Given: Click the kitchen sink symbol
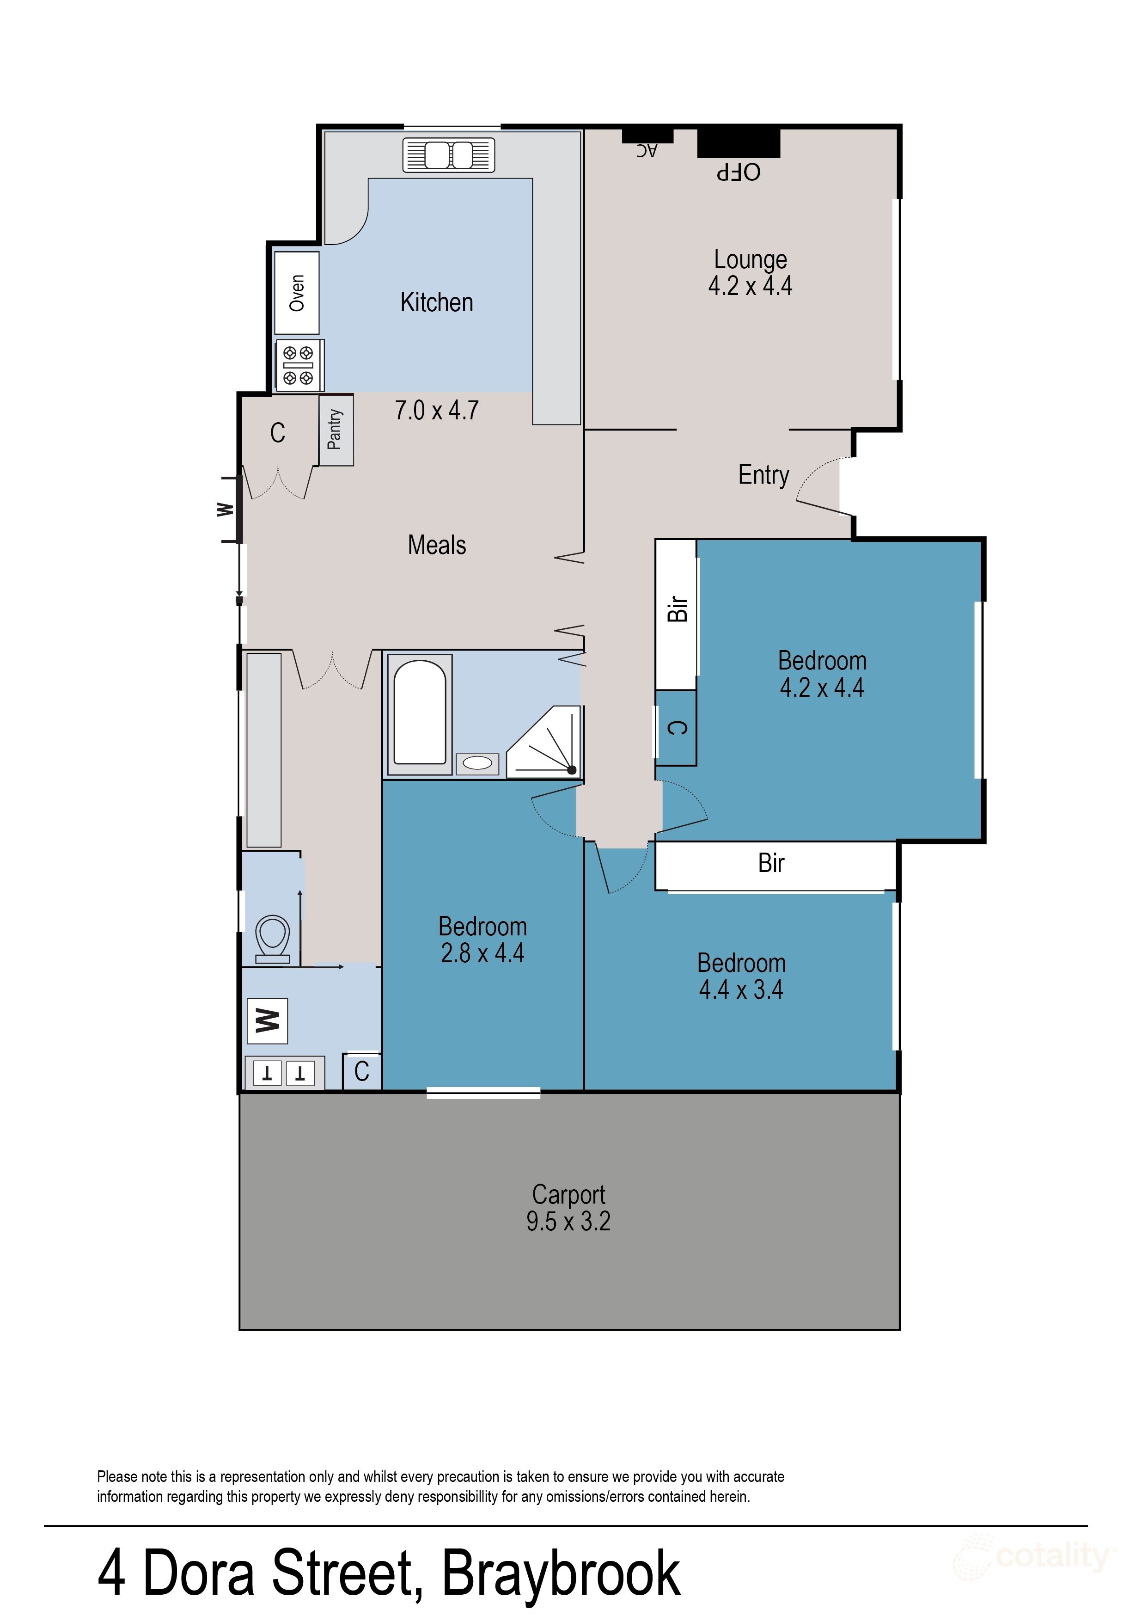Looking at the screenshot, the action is [x=448, y=155].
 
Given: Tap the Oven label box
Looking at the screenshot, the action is [x=297, y=293].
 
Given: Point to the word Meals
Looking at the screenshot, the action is [x=437, y=545].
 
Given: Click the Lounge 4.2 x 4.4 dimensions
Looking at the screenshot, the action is [x=750, y=286].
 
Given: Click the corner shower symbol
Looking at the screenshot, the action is [x=543, y=741].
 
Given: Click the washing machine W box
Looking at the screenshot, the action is [x=267, y=1021].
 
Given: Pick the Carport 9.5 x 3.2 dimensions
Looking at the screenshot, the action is [x=568, y=1221].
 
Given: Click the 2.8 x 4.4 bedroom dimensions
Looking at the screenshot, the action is [x=483, y=953].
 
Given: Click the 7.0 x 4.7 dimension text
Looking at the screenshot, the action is [x=437, y=410].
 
